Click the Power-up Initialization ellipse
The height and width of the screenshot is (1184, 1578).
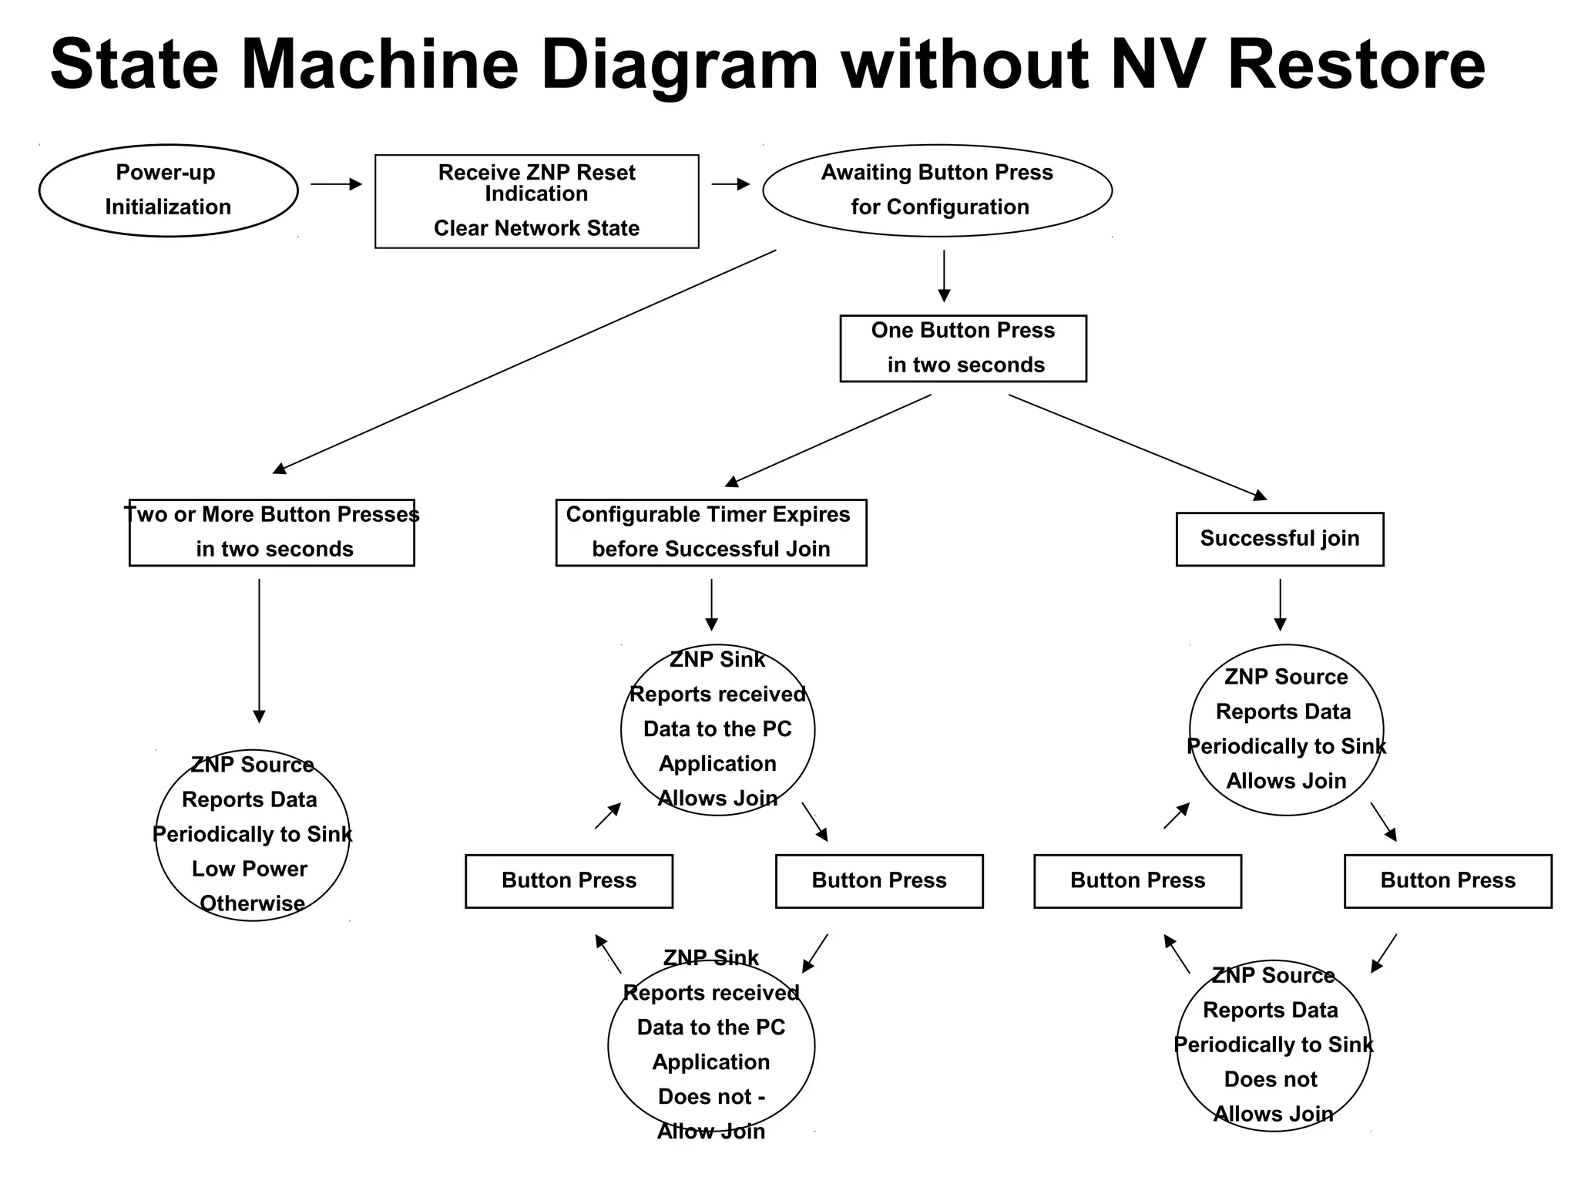168,190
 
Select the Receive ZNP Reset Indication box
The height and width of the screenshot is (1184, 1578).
536,201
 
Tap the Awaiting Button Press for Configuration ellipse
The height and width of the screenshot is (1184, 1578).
937,190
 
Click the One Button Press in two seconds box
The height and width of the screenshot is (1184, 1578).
962,348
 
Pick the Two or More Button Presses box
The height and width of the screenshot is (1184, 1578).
271,532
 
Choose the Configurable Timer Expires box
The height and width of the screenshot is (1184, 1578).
710,532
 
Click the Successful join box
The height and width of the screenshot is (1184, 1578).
1279,538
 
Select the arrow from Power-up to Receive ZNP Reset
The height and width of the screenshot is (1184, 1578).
336,184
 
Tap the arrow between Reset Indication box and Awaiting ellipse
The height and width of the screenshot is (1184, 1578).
730,184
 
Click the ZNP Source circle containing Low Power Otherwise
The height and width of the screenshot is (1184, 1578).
252,835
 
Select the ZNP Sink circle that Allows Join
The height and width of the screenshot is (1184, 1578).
717,729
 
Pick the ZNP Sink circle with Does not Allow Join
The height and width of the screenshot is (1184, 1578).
710,1045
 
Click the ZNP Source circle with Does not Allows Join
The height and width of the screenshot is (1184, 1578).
1273,1045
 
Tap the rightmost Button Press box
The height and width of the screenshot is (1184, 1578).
1447,880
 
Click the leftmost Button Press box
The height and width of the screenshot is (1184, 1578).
569,880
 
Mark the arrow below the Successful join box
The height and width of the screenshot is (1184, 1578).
1280,604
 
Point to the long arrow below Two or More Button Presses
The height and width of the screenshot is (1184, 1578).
259,650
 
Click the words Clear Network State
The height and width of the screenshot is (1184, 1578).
536,228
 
